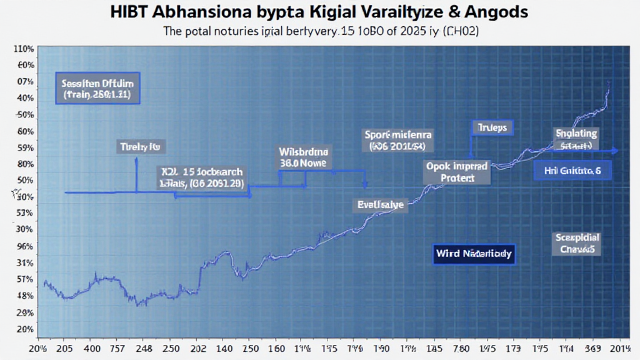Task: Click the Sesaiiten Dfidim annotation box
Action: tap(97, 87)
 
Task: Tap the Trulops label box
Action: tap(492, 127)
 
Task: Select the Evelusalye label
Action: tap(381, 204)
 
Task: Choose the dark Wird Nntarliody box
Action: tap(473, 254)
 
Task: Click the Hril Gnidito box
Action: tap(572, 170)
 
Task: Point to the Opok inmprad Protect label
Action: tap(449, 172)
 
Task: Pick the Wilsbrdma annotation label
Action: tap(306, 156)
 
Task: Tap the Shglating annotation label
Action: tap(576, 139)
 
